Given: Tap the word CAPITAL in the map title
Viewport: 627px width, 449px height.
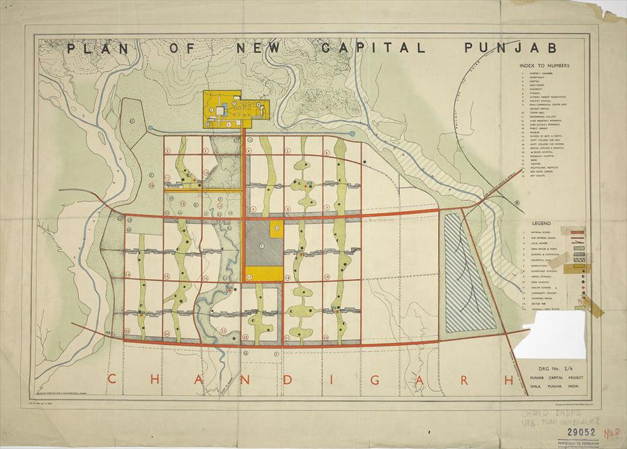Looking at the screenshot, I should point(374,48).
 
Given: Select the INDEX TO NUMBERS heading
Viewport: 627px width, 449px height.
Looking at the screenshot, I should point(545,66).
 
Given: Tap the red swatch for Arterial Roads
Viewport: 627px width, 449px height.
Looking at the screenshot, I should point(578,231).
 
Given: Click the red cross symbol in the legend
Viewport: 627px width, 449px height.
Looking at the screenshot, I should point(581,286).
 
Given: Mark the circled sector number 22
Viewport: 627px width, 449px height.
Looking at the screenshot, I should point(246,337).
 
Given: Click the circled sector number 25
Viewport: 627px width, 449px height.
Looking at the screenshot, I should point(127,330).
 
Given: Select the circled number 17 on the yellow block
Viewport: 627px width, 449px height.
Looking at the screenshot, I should point(249,277).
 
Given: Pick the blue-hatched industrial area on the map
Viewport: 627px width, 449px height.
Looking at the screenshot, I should point(468,272).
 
